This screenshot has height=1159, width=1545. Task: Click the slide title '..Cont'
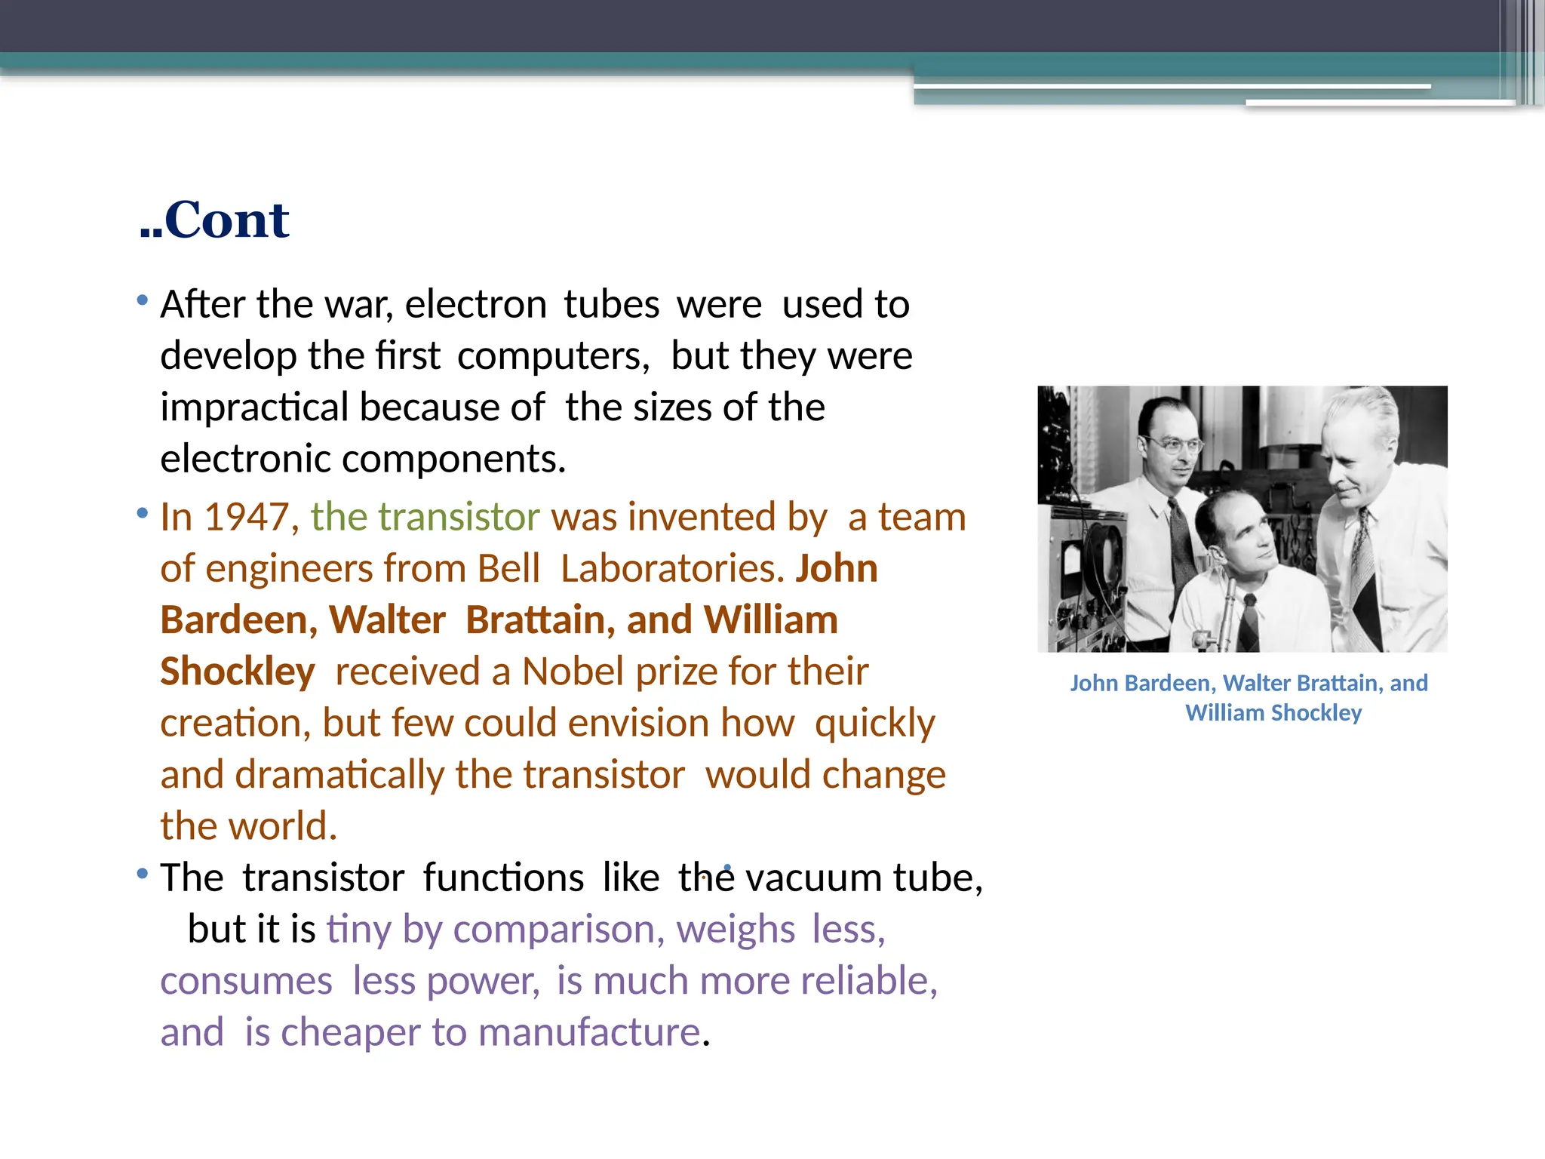pyautogui.click(x=215, y=220)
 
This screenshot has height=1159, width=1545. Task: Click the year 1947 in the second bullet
pyautogui.click(x=247, y=518)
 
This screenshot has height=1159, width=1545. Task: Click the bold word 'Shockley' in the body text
pyautogui.click(x=238, y=672)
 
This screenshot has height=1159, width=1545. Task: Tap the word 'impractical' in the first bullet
pyautogui.click(x=254, y=407)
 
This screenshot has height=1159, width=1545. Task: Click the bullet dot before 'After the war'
pyautogui.click(x=143, y=301)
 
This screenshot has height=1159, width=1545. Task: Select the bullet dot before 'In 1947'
pyautogui.click(x=143, y=514)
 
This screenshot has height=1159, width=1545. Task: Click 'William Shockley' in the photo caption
pyautogui.click(x=1273, y=713)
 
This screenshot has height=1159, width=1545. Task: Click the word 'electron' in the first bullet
pyautogui.click(x=476, y=305)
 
